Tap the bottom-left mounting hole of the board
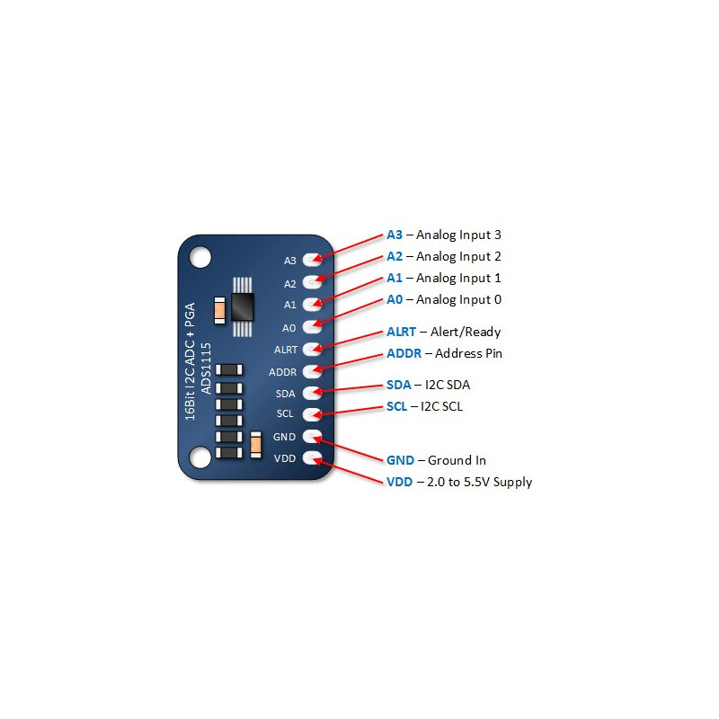click(200, 458)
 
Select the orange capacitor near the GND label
click(256, 439)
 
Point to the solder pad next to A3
click(313, 260)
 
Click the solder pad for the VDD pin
click(313, 459)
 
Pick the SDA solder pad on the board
click(313, 393)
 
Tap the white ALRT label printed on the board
click(286, 350)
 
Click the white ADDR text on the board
click(283, 371)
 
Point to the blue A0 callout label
click(395, 299)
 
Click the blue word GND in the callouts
click(399, 460)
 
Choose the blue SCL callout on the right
click(396, 406)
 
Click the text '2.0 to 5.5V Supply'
click(480, 482)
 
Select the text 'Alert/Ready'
click(466, 332)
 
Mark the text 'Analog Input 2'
click(458, 256)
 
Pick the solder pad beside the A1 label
click(313, 304)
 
